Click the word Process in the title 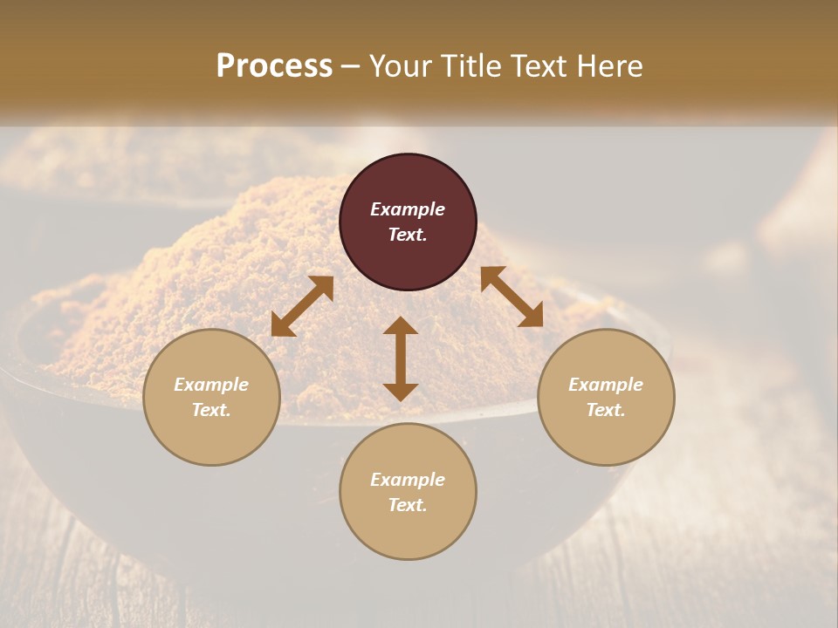coord(274,66)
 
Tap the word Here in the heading coord(607,66)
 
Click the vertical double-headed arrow coord(401,358)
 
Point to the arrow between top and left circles coord(302,306)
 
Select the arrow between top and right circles coord(512,297)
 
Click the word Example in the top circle coord(408,209)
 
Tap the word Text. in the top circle coord(408,235)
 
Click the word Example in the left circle coord(211,385)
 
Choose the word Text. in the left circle coord(211,410)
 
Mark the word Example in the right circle coord(606,385)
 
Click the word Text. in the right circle coord(606,410)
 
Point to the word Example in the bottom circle coord(408,480)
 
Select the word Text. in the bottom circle coord(408,505)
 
